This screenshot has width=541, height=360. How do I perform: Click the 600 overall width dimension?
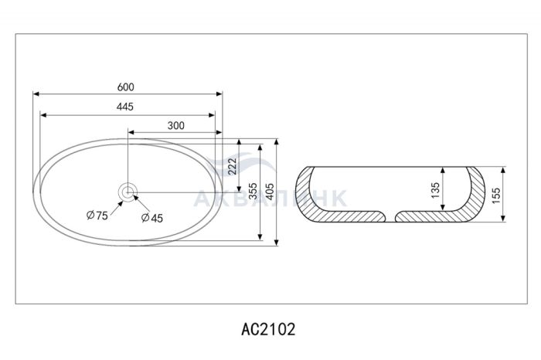click(x=125, y=87)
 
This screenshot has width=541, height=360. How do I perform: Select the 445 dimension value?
click(x=125, y=107)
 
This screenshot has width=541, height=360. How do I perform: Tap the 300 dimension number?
click(x=176, y=125)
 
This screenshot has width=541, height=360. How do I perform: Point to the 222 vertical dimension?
click(x=233, y=166)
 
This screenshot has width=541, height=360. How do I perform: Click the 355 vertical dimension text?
click(x=253, y=191)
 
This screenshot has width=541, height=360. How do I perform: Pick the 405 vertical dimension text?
click(x=270, y=191)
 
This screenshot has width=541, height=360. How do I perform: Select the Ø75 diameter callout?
click(x=97, y=216)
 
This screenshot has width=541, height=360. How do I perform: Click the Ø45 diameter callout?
click(x=152, y=218)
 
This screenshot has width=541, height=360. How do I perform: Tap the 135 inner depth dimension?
click(x=436, y=190)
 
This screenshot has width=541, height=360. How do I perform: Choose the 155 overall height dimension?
click(x=496, y=195)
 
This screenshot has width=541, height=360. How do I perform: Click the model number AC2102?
click(x=268, y=329)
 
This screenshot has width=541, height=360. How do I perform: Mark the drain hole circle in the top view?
click(x=128, y=192)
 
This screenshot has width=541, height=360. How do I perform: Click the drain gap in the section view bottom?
click(x=390, y=216)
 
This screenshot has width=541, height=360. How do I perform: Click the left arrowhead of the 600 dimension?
click(x=36, y=93)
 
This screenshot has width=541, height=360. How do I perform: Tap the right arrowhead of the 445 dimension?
click(x=212, y=115)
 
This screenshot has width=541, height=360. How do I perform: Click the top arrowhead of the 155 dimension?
click(x=503, y=171)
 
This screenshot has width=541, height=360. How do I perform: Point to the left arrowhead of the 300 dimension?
click(x=131, y=132)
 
